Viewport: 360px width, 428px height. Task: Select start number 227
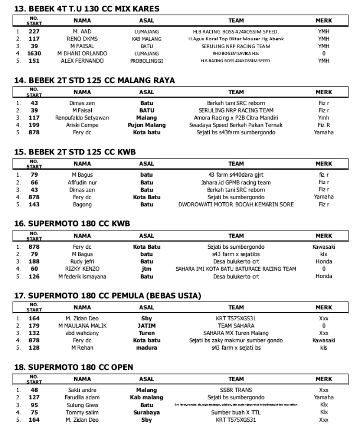point(34,32)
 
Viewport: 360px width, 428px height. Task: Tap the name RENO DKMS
point(82,39)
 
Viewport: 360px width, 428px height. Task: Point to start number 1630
point(34,53)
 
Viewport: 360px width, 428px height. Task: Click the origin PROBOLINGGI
point(146,60)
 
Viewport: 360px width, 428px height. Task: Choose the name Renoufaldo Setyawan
point(82,118)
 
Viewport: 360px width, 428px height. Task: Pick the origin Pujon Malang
point(146,125)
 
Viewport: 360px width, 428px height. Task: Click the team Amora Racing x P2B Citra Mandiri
point(236,118)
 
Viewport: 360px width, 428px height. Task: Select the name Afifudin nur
point(82,182)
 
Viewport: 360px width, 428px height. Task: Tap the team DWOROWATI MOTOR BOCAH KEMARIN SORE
point(236,204)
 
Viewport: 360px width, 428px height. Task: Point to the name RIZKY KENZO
point(82,269)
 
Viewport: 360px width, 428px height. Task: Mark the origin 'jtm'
point(146,269)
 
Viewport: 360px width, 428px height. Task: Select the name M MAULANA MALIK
point(82,325)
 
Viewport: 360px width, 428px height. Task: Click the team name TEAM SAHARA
point(236,325)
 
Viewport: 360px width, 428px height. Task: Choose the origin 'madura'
point(146,347)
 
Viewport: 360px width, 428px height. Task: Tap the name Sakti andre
point(82,390)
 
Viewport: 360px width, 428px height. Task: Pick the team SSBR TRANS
point(236,390)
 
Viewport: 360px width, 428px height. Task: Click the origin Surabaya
point(146,412)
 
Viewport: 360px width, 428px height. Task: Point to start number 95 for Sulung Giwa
point(34,405)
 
